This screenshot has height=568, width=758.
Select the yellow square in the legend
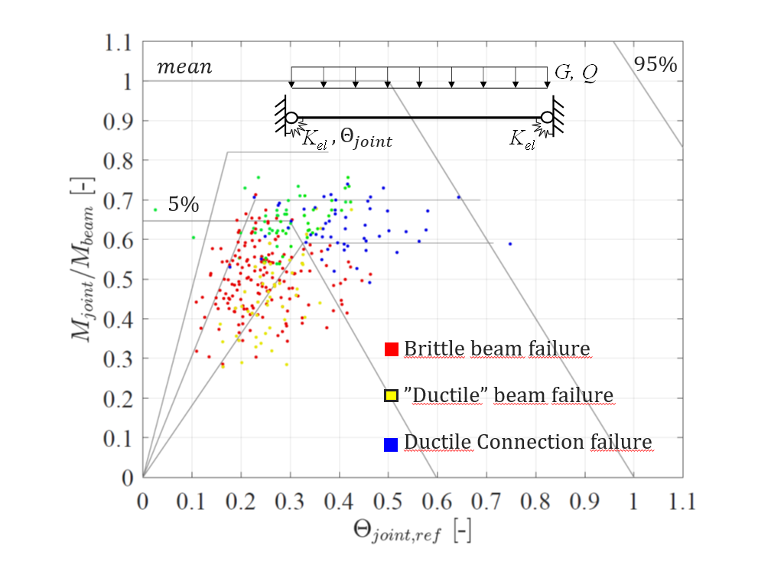(391, 395)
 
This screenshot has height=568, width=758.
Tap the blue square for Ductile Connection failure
(391, 443)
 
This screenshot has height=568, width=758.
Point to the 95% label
(656, 65)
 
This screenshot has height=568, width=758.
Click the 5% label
(184, 204)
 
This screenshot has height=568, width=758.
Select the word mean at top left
(184, 67)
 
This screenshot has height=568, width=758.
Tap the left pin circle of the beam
(291, 118)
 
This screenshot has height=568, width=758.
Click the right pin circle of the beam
(548, 118)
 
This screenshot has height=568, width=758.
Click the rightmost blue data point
(510, 244)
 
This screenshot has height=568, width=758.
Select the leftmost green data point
(155, 209)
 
